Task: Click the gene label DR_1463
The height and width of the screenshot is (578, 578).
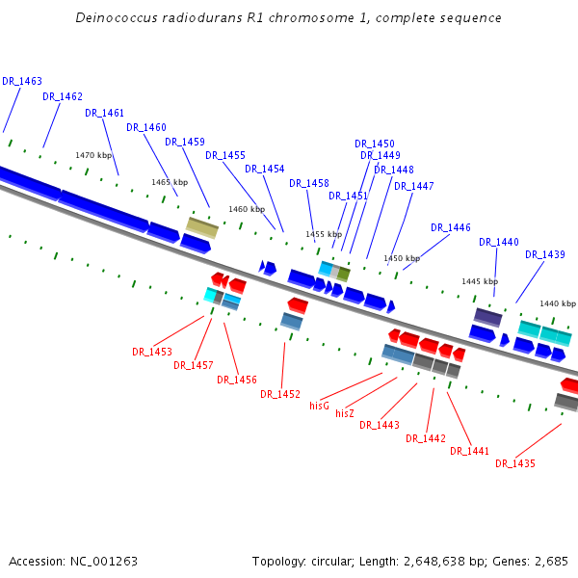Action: point(22,82)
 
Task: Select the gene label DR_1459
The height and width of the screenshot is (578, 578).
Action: point(185,143)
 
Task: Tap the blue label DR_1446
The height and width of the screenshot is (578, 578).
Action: point(451,228)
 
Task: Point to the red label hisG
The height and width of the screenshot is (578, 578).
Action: point(319,407)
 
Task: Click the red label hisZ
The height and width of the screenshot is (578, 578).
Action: point(345,414)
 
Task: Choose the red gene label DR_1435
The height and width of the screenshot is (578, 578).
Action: point(515,464)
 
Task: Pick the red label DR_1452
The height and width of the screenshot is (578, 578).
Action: point(280,395)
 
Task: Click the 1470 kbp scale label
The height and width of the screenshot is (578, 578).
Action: point(93,156)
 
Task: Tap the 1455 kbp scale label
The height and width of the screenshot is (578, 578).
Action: point(324,234)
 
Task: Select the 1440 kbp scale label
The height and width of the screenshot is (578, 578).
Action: point(557,303)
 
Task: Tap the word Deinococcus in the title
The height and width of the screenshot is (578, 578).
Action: point(112,18)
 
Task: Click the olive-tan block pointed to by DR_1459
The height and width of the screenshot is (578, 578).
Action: point(201,227)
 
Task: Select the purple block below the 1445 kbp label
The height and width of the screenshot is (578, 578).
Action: point(487,317)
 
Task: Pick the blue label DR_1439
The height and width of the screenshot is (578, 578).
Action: point(545,255)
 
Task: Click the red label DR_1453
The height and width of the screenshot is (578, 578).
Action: point(152,353)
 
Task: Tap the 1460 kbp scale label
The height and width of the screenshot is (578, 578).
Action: point(247,209)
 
